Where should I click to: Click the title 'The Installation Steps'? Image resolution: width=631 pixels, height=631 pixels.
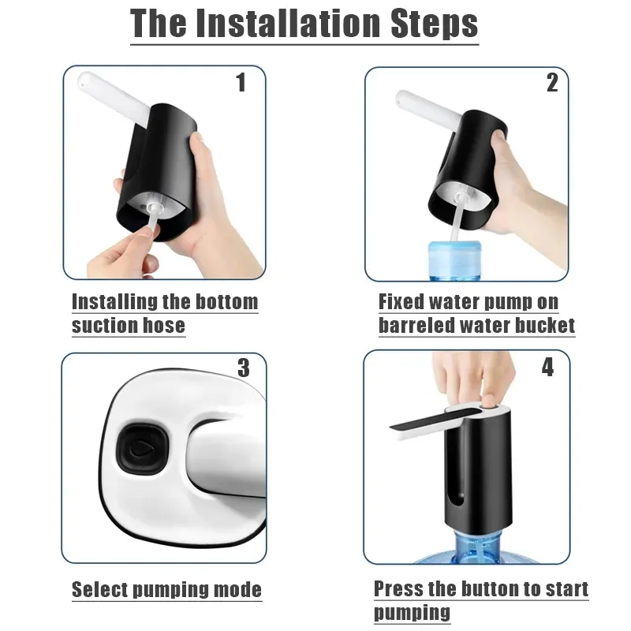304,24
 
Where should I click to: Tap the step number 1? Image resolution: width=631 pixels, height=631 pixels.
241,83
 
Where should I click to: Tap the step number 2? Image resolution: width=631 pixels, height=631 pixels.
551,83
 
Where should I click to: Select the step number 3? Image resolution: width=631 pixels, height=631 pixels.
243,368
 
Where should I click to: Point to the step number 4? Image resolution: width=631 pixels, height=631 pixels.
547,368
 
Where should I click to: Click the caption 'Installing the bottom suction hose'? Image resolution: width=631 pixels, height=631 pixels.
164,313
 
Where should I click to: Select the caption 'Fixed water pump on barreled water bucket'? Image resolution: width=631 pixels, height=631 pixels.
476,313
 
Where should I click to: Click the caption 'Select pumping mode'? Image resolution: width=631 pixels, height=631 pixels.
166,589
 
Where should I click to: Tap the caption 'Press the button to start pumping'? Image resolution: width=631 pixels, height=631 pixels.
480,600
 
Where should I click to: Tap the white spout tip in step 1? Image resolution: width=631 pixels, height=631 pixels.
85,80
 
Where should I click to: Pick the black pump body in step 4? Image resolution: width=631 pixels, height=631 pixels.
473,473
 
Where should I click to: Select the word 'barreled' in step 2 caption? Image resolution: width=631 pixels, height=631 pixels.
420,325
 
